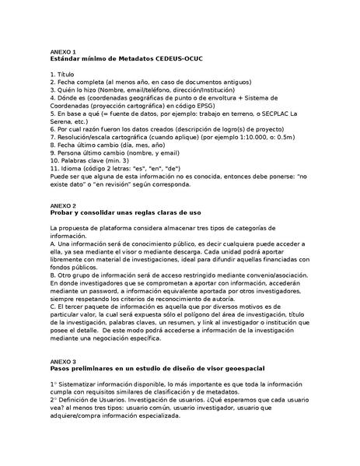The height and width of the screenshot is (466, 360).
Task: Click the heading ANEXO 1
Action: point(63,51)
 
